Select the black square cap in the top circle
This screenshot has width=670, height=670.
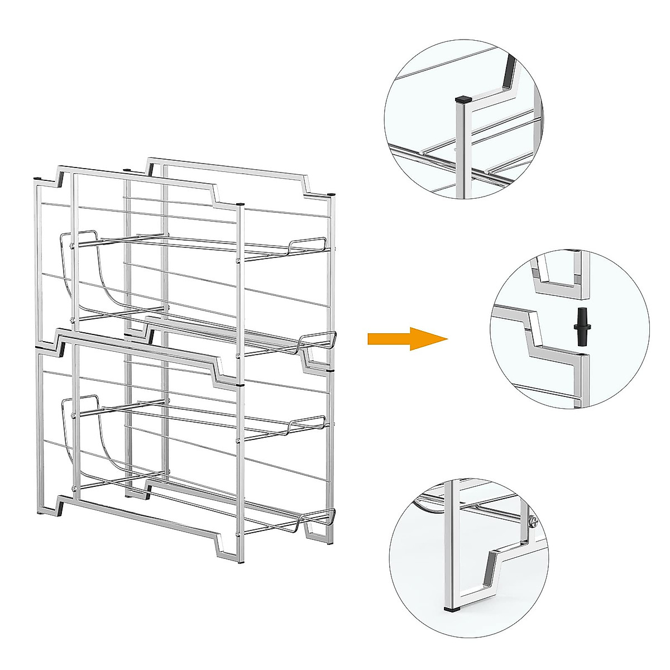pos(461,100)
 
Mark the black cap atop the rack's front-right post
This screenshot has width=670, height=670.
pos(240,204)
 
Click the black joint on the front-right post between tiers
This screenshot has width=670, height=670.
pos(240,385)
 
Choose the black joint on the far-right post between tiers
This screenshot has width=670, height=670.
pos(329,370)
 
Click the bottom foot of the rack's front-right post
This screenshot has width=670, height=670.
pos(241,561)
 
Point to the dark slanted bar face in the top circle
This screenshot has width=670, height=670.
pos(509,70)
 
